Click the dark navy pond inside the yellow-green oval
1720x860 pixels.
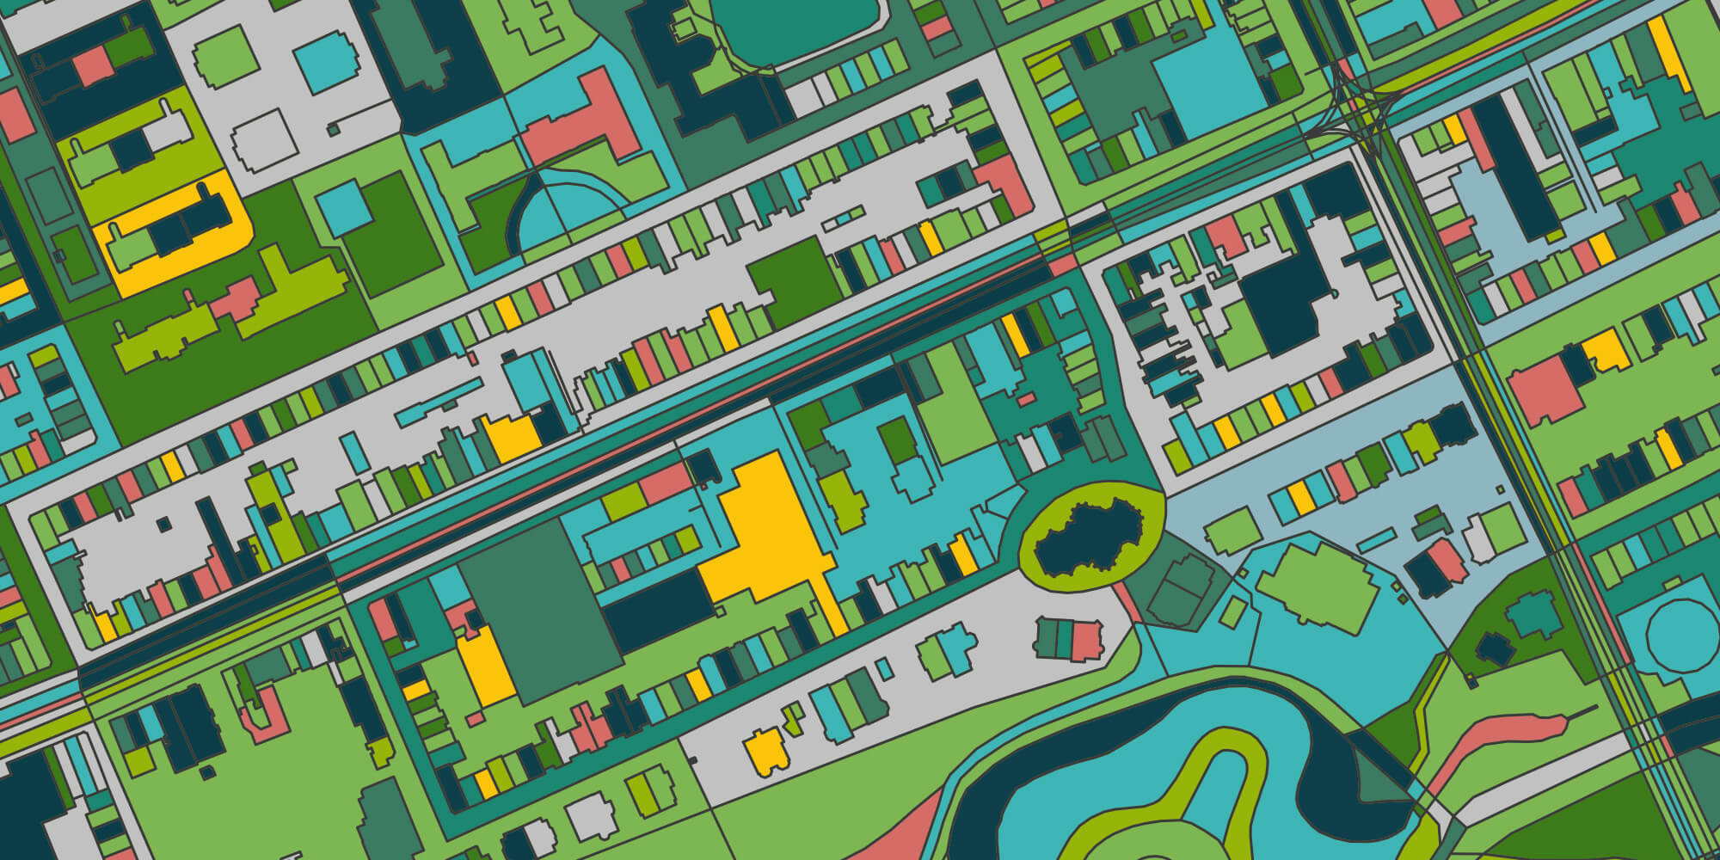(1088, 537)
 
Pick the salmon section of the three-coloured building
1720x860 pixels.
(1085, 641)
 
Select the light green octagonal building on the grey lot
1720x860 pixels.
(225, 56)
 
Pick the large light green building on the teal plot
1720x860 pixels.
(1316, 585)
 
